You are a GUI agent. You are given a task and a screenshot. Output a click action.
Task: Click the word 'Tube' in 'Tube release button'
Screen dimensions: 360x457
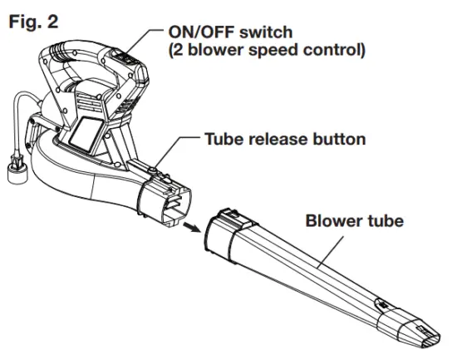(222, 139)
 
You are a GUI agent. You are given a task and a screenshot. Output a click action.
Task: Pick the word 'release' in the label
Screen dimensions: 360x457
(273, 139)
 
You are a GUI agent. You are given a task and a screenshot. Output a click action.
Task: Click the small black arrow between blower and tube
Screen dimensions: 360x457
(194, 225)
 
